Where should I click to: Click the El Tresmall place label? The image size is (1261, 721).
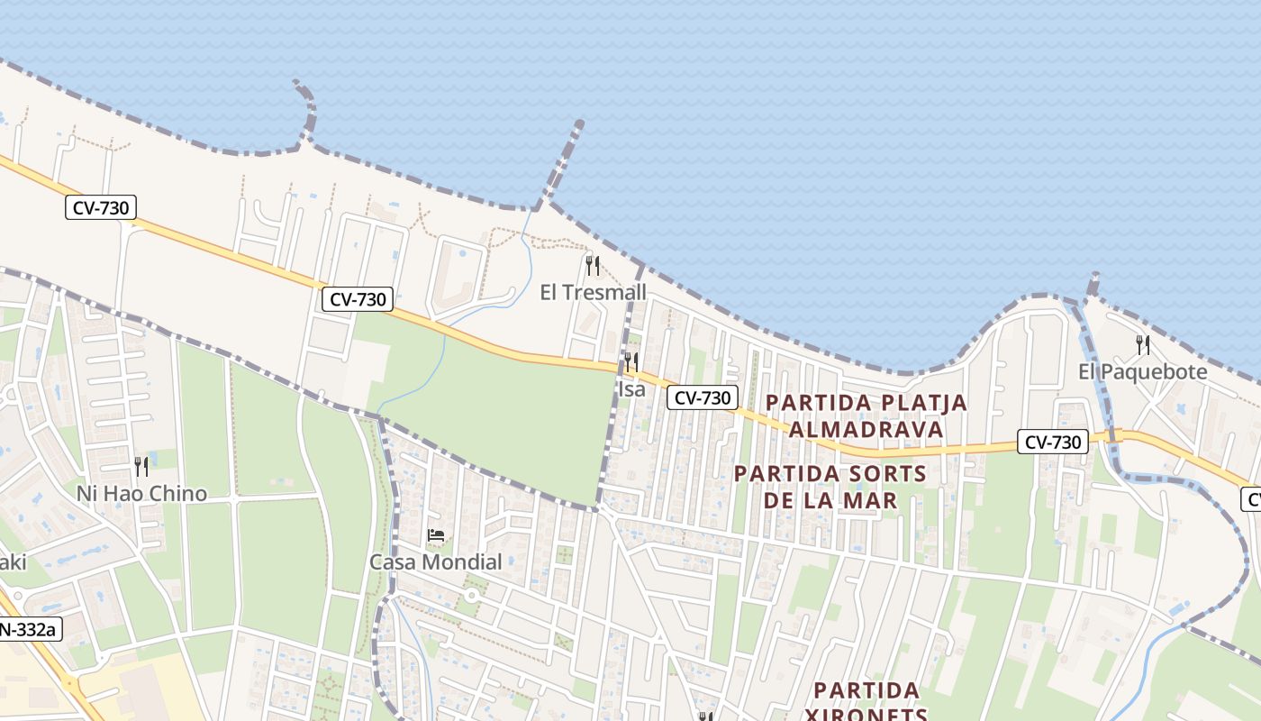pyautogui.click(x=593, y=292)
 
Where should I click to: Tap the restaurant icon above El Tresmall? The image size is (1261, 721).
pyautogui.click(x=593, y=265)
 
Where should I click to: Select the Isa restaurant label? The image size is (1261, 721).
pyautogui.click(x=631, y=389)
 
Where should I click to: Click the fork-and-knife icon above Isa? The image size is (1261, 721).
pyautogui.click(x=631, y=362)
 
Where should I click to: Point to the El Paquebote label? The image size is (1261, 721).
pyautogui.click(x=1142, y=371)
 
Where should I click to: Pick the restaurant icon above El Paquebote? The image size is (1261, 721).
pyautogui.click(x=1143, y=344)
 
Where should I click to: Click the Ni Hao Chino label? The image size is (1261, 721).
pyautogui.click(x=141, y=493)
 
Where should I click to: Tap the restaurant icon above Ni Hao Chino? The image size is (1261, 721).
pyautogui.click(x=141, y=466)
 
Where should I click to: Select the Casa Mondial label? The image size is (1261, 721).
pyautogui.click(x=436, y=561)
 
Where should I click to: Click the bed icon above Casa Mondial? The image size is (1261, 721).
pyautogui.click(x=436, y=535)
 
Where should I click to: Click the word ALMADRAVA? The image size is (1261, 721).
pyautogui.click(x=866, y=429)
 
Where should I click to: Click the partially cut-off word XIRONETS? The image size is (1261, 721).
pyautogui.click(x=866, y=714)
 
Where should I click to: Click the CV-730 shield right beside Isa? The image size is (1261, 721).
pyautogui.click(x=703, y=397)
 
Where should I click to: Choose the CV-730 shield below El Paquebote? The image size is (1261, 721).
pyautogui.click(x=1053, y=442)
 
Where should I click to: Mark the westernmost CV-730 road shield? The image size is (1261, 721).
pyautogui.click(x=100, y=208)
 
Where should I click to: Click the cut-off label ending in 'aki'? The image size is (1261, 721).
pyautogui.click(x=13, y=562)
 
